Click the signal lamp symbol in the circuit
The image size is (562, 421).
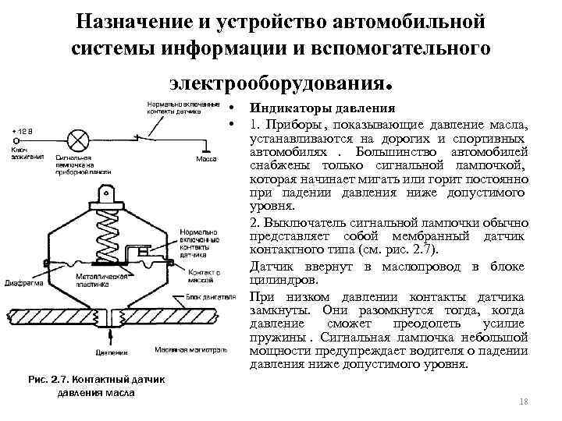(78, 140)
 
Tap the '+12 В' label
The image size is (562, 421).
(22, 129)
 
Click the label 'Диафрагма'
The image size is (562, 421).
(23, 282)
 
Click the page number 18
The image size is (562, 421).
(522, 399)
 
